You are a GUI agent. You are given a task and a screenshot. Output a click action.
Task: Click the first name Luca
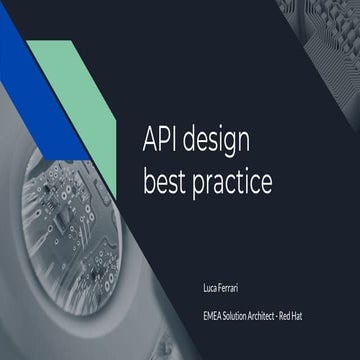click(210, 286)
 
